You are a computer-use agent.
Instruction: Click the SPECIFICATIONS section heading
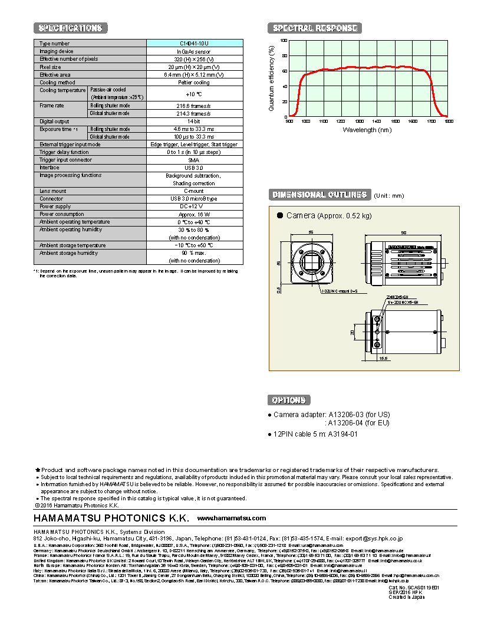click(x=70, y=28)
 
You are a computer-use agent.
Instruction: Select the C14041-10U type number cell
click(x=194, y=44)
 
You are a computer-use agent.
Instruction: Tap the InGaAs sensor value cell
click(x=194, y=51)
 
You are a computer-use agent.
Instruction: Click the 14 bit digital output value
click(x=194, y=121)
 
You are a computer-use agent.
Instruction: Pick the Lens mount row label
click(x=53, y=191)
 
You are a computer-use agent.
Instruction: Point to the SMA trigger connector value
click(x=194, y=160)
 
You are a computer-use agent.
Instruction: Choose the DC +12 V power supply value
click(x=194, y=206)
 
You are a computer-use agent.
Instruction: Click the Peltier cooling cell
click(x=194, y=83)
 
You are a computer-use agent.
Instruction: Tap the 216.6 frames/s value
click(x=194, y=106)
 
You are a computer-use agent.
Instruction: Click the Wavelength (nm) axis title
click(x=367, y=130)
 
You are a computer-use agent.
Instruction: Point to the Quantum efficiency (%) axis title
click(x=271, y=78)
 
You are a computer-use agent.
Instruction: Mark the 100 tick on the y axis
click(x=284, y=41)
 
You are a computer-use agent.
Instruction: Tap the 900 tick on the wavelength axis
click(x=289, y=121)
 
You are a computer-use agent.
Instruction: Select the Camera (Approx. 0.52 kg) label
click(x=329, y=216)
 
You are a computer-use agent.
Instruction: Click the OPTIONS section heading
click(x=289, y=400)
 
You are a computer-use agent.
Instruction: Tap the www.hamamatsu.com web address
click(x=231, y=518)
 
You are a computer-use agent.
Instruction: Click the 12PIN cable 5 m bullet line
click(x=315, y=434)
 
